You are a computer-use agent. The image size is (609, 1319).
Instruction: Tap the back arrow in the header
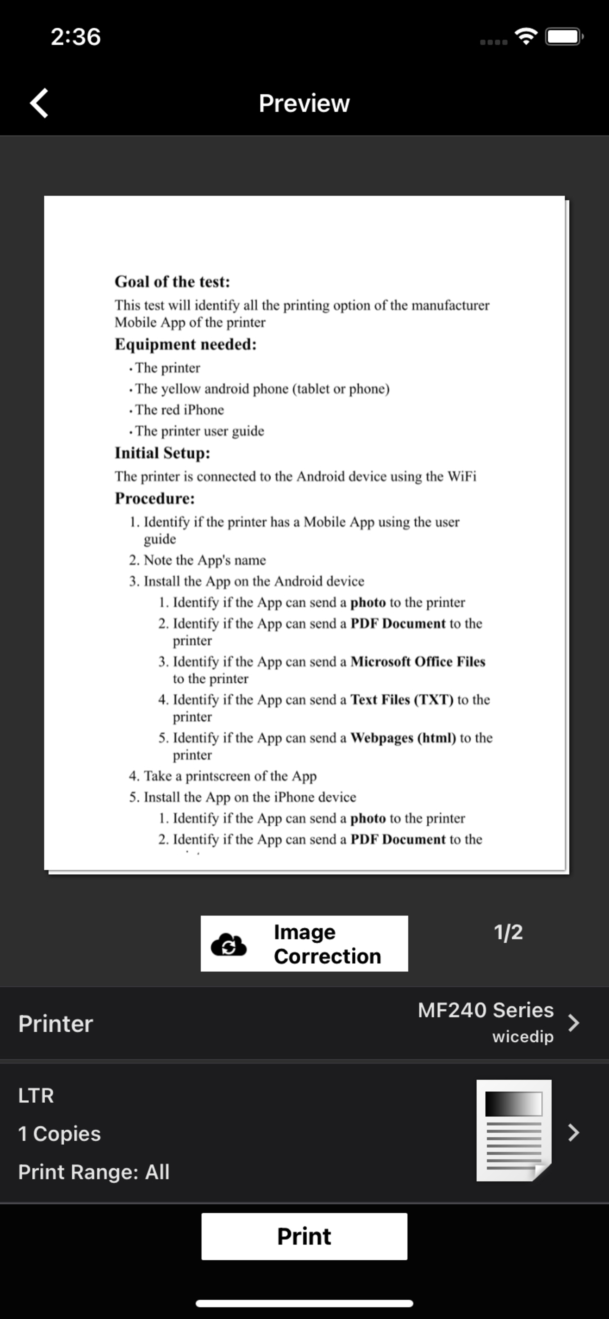pos(39,103)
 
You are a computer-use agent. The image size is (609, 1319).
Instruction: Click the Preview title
pos(304,103)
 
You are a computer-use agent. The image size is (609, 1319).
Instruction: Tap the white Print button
pos(304,1236)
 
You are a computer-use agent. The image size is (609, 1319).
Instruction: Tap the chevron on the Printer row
pos(574,1023)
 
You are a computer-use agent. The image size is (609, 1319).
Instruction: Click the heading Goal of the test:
pos(172,282)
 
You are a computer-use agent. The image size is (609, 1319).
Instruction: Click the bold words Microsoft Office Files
pos(418,661)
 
